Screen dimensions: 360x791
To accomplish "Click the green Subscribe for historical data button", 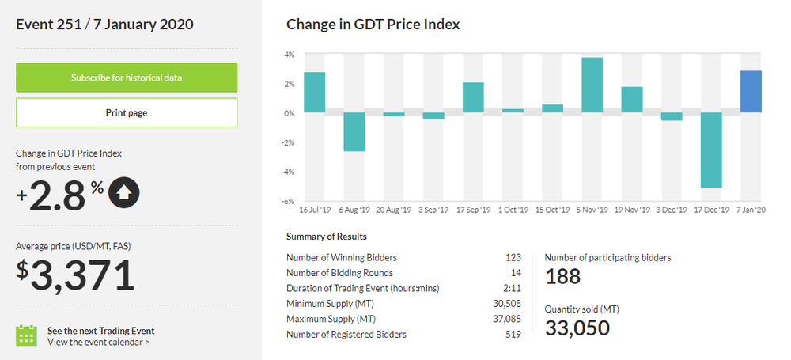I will tap(127, 78).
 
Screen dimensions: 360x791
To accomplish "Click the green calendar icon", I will tap(27, 335).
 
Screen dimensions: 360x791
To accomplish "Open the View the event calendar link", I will tap(98, 342).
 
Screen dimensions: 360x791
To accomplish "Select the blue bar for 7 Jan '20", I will tap(751, 92).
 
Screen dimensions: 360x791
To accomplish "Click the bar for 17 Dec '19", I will tap(711, 150).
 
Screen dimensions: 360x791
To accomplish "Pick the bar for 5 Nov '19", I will tap(592, 85).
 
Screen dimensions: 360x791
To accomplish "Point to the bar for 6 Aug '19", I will tap(354, 131).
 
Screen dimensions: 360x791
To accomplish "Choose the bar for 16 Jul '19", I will tap(314, 92).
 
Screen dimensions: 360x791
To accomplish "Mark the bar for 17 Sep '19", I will tap(473, 97).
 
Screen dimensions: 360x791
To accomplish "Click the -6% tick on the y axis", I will tap(289, 201).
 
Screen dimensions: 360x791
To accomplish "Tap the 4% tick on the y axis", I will tap(290, 55).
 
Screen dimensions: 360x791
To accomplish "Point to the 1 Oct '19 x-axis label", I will tap(513, 210).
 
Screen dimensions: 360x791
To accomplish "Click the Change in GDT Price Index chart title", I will tap(373, 25).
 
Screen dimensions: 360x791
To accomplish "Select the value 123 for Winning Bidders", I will tap(513, 257).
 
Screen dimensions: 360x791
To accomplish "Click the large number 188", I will tap(562, 276).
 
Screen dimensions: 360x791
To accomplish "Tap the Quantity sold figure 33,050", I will tap(577, 328).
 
